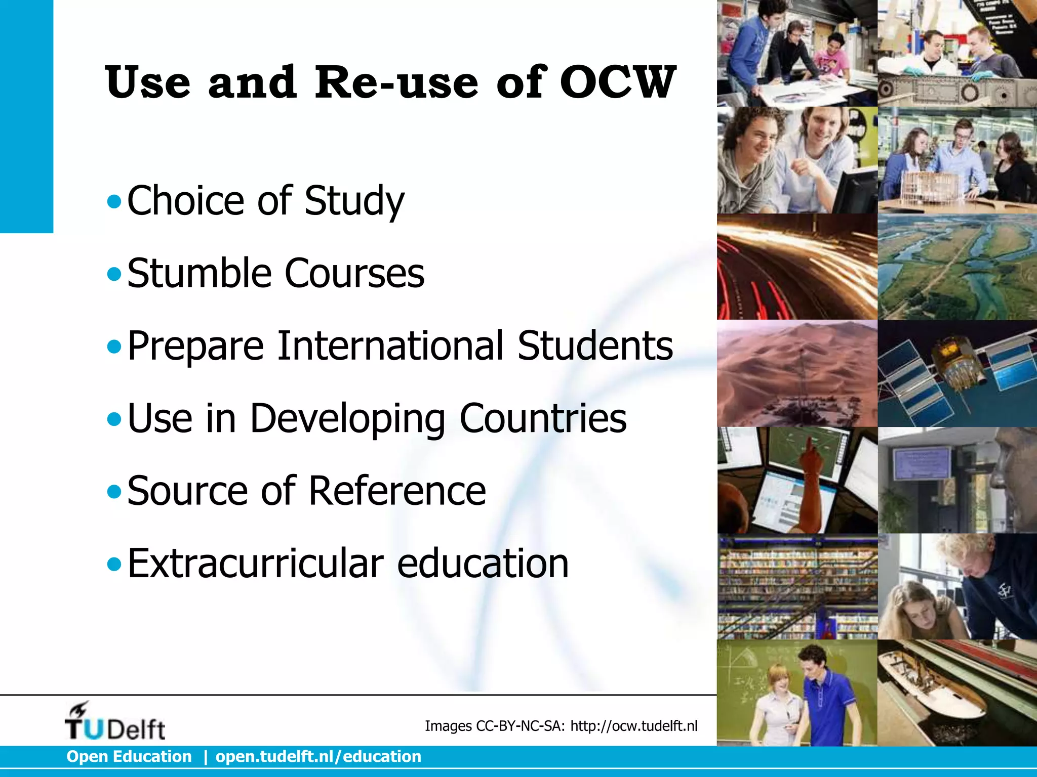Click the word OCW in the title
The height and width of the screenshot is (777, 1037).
click(617, 82)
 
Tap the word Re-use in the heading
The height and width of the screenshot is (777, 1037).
click(396, 82)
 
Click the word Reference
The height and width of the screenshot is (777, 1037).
click(397, 491)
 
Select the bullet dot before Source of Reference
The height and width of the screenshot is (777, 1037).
click(114, 492)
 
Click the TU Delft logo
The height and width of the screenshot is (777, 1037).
click(114, 721)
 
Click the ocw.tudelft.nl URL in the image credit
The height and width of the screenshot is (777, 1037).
click(634, 726)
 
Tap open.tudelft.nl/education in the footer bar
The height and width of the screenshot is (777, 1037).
click(318, 757)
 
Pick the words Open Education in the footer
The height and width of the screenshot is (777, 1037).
click(129, 757)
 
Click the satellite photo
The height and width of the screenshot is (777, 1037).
click(957, 373)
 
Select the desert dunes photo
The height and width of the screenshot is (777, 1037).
click(797, 373)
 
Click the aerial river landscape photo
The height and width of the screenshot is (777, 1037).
click(957, 267)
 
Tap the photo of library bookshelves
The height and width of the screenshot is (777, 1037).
click(797, 587)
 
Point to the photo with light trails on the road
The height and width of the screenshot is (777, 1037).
click(797, 267)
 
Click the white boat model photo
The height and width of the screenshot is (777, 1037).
click(957, 693)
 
